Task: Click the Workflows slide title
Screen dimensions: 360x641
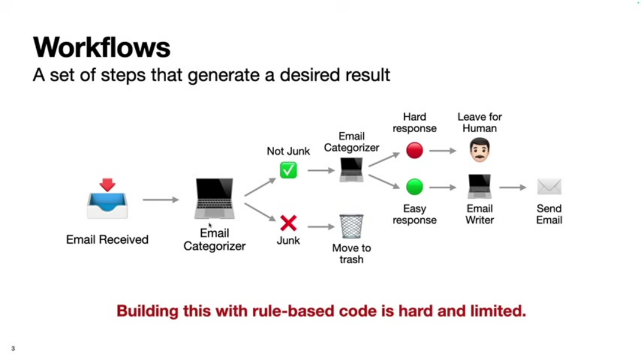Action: pyautogui.click(x=101, y=47)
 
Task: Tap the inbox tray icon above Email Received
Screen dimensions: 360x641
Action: pyautogui.click(x=107, y=199)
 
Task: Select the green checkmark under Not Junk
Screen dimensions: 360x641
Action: pyautogui.click(x=288, y=170)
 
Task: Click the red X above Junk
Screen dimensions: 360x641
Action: pyautogui.click(x=288, y=223)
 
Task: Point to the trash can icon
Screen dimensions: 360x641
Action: pyautogui.click(x=351, y=226)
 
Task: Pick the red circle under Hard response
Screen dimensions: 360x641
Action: pyautogui.click(x=414, y=151)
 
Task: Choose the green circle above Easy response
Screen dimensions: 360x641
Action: pyautogui.click(x=414, y=187)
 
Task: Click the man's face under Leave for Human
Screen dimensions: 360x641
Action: pyautogui.click(x=479, y=151)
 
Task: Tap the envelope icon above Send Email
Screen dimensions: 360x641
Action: pyautogui.click(x=549, y=187)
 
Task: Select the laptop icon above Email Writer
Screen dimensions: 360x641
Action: pyautogui.click(x=479, y=186)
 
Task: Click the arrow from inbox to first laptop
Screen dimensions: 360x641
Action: pyautogui.click(x=160, y=200)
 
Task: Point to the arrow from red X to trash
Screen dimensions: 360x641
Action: pyautogui.click(x=321, y=227)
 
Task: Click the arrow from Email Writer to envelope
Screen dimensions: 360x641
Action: pyautogui.click(x=513, y=187)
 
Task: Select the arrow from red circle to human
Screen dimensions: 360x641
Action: pyautogui.click(x=443, y=151)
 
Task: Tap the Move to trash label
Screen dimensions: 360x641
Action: pyautogui.click(x=351, y=254)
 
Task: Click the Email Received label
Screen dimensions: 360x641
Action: pyautogui.click(x=107, y=240)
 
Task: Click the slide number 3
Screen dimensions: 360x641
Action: pyautogui.click(x=13, y=349)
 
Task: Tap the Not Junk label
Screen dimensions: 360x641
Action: pyautogui.click(x=288, y=151)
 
